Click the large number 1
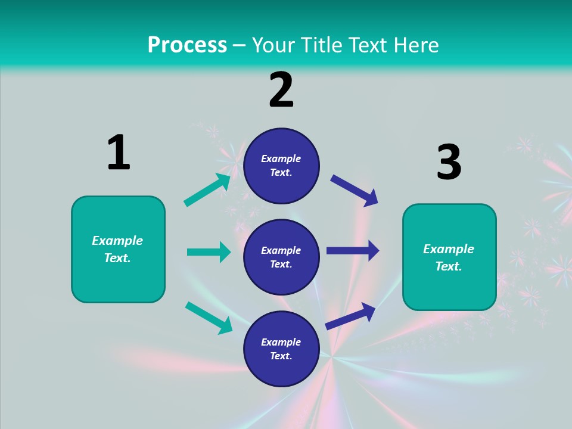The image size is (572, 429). (x=119, y=153)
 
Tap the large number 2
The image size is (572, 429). (x=281, y=90)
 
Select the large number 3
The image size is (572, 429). (x=449, y=162)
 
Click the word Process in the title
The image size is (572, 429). (x=187, y=45)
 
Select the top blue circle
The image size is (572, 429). (x=281, y=166)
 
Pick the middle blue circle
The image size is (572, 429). (x=281, y=257)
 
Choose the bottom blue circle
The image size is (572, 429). (x=281, y=349)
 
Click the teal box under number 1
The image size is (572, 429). (x=118, y=249)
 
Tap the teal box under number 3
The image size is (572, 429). (x=449, y=257)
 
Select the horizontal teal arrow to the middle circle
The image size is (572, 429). (x=209, y=252)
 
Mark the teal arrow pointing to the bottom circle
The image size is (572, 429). (x=209, y=318)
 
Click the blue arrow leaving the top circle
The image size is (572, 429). (x=355, y=190)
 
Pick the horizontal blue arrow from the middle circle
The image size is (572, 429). (x=353, y=251)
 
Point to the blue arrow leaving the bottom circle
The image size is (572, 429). (x=351, y=316)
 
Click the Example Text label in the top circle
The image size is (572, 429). (x=281, y=166)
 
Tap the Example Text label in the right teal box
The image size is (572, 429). (x=449, y=257)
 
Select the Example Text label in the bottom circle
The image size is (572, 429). (x=281, y=349)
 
